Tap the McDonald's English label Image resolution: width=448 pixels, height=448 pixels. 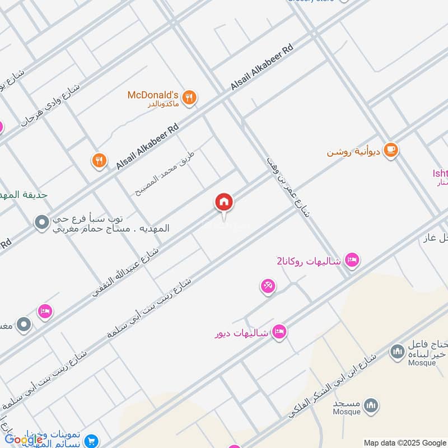[x=153, y=95]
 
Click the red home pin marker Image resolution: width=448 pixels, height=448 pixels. [x=224, y=202]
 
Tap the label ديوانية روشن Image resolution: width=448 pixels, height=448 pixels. [x=354, y=152]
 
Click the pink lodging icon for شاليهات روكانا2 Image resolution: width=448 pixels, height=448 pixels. [x=352, y=259]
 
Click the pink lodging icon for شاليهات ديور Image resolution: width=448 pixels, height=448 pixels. [x=279, y=333]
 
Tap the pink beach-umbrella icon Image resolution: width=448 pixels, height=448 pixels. [x=268, y=286]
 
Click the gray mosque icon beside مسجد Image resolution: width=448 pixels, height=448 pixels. [x=371, y=405]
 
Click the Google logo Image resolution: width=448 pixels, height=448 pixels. [x=24, y=440]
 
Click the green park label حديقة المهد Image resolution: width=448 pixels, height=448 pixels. [x=24, y=194]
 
